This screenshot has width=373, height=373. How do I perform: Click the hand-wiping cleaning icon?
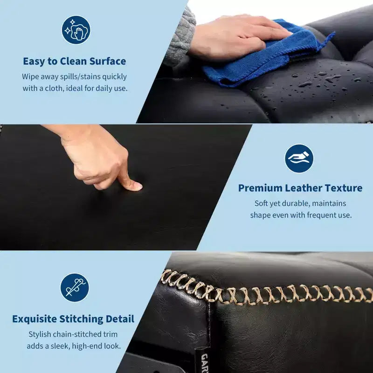[x=76, y=30]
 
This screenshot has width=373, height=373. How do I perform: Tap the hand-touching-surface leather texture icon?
[x=299, y=159]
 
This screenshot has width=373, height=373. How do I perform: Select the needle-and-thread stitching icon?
[x=75, y=288]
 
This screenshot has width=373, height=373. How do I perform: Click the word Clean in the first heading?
[x=73, y=62]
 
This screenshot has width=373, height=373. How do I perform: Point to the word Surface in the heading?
[x=108, y=62]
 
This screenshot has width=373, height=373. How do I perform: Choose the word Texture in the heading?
[x=344, y=188]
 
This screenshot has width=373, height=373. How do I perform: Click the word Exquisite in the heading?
[x=34, y=319]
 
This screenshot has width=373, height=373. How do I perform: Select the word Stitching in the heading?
[x=81, y=319]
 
